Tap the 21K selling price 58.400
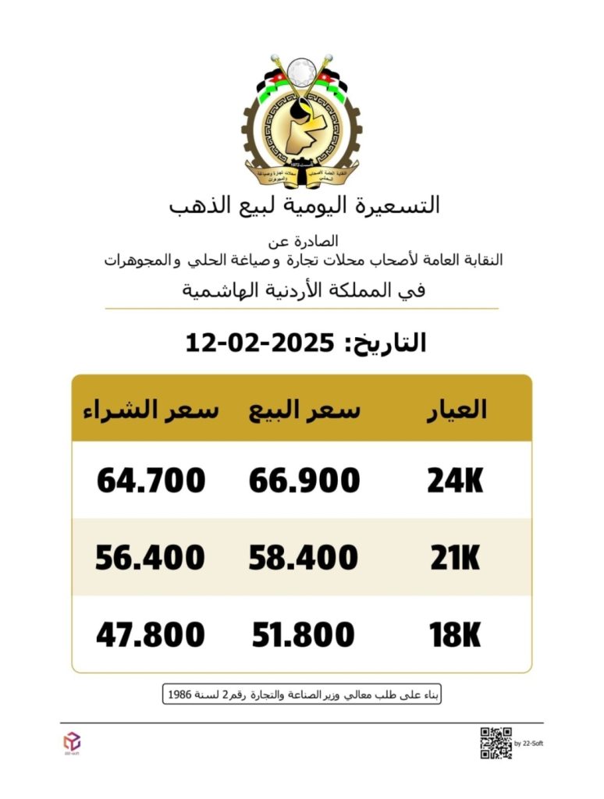click(304, 558)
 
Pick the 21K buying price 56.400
click(151, 558)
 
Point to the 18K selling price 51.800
click(304, 635)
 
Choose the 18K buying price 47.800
click(151, 635)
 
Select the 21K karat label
click(456, 558)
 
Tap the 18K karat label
click(456, 635)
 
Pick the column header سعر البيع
click(305, 410)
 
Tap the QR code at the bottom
click(496, 743)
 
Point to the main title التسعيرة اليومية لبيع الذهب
click(304, 205)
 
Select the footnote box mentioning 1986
click(302, 694)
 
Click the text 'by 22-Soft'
click(529, 744)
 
